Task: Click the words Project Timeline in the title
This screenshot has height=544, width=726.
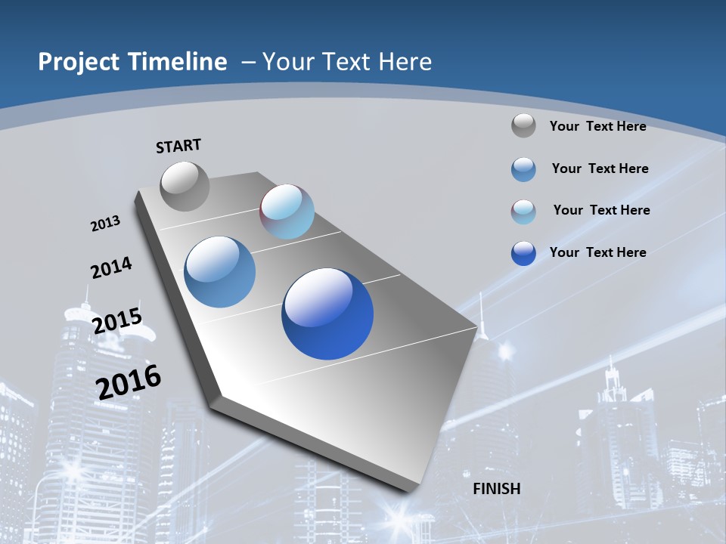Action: point(132,62)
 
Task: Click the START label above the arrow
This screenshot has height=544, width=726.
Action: point(178,146)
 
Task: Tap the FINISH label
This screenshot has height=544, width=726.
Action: point(497,488)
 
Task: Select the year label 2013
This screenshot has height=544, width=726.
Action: point(105,224)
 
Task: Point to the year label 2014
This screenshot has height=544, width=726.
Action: point(111,267)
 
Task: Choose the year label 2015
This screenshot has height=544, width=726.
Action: point(116,320)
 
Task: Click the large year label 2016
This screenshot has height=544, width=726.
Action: point(129,381)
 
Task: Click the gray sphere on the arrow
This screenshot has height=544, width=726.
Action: point(185,186)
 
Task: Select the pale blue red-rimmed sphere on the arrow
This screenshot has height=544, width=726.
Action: point(287,212)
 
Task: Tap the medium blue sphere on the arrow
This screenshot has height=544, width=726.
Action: point(220,272)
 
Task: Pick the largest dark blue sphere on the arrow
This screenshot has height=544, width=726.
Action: point(327,314)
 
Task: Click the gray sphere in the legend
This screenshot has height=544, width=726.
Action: point(523,125)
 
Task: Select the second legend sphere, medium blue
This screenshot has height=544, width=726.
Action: point(523,169)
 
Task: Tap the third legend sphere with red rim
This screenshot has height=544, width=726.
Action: point(523,212)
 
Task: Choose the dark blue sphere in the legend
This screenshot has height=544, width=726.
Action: point(523,253)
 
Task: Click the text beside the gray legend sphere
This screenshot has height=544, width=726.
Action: point(597,126)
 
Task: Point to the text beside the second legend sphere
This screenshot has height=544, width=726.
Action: point(600,168)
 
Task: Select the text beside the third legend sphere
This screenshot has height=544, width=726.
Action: point(601,210)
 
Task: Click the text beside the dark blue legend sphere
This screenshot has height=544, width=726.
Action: point(597,252)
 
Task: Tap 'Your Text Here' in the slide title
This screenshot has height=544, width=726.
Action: point(347,62)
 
